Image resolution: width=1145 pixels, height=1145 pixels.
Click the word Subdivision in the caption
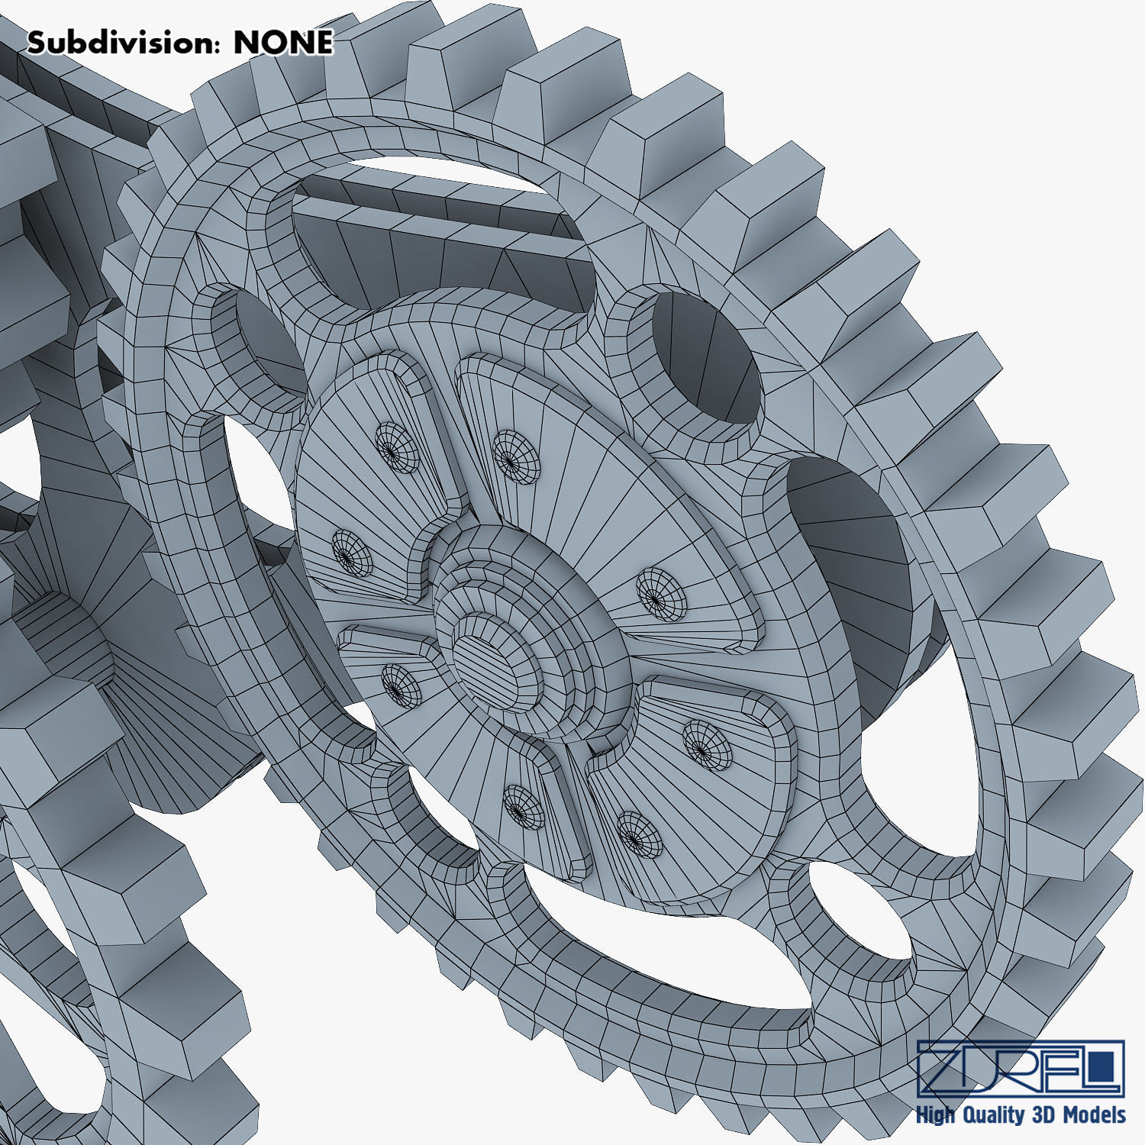pos(118,43)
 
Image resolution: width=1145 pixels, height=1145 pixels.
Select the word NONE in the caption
pos(283,43)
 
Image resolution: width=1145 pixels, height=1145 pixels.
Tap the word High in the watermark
pos(935,1115)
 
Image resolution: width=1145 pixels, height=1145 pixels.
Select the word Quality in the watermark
pos(994,1115)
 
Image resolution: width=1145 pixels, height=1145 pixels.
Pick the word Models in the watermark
pos(1093,1114)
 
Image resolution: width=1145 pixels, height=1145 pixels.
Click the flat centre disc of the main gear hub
pos(495,656)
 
